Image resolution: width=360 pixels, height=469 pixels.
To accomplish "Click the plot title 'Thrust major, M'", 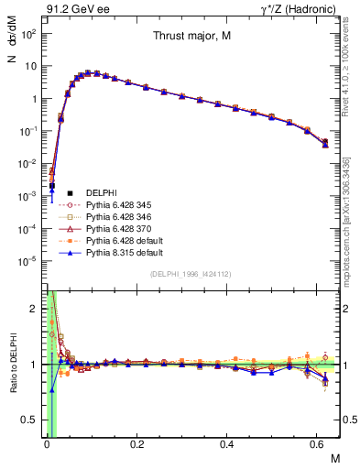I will pos(191,38).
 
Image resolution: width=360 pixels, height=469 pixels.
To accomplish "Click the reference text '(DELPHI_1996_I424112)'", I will pos(191,273).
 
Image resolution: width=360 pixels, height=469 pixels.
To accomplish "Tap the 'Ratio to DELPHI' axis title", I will pos(12,365).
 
